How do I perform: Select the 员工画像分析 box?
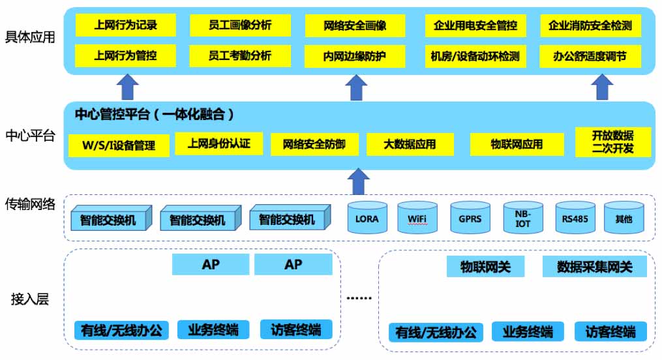(240, 26)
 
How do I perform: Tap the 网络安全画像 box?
(355, 26)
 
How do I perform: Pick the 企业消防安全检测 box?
(590, 26)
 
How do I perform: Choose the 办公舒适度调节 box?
(590, 56)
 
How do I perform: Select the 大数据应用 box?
(410, 144)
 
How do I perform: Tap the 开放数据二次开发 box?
(612, 142)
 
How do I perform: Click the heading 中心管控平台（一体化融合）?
(155, 115)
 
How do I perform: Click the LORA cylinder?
(367, 218)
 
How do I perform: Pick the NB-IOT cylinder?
(523, 218)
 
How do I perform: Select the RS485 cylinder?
(575, 218)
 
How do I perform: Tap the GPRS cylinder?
(470, 218)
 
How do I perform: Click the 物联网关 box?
(485, 266)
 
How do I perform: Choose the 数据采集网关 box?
(594, 266)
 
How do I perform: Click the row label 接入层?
(30, 299)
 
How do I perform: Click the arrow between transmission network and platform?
(357, 182)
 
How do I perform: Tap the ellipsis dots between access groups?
(359, 298)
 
